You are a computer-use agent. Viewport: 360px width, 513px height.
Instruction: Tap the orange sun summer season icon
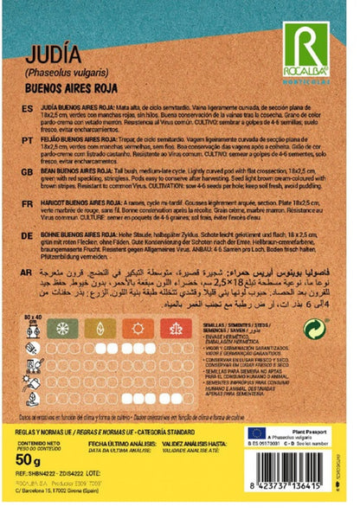coord(139,330)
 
